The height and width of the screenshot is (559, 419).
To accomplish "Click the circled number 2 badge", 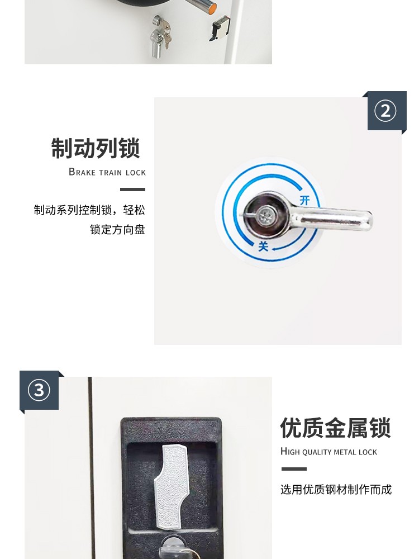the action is pyautogui.click(x=385, y=111).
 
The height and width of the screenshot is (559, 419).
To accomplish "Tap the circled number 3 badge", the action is pyautogui.click(x=39, y=390).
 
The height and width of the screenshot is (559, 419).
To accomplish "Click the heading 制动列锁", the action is pyautogui.click(x=96, y=148).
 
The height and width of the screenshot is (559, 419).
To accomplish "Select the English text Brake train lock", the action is pyautogui.click(x=107, y=172).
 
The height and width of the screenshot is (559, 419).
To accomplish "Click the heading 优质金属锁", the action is pyautogui.click(x=335, y=428).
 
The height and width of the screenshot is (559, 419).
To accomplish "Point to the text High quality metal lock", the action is pyautogui.click(x=328, y=452).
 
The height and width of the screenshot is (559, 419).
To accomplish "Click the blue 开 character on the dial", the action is pyautogui.click(x=304, y=200).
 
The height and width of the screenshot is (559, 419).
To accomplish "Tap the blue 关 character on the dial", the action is pyautogui.click(x=263, y=246).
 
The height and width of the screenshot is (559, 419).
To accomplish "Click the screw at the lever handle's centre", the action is pyautogui.click(x=265, y=215).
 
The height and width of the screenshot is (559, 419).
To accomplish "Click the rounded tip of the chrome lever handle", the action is pyautogui.click(x=368, y=221).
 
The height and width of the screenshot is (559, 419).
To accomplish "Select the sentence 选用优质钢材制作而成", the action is pyautogui.click(x=336, y=490).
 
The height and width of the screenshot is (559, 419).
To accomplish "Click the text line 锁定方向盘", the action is pyautogui.click(x=117, y=229).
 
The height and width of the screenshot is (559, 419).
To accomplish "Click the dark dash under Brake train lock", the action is pyautogui.click(x=132, y=190).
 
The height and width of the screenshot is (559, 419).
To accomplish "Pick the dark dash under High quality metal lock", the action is pyautogui.click(x=294, y=469).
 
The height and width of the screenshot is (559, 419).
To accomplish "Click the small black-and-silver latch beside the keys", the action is pyautogui.click(x=219, y=28).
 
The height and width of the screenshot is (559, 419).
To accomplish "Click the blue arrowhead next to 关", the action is pyautogui.click(x=274, y=249).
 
